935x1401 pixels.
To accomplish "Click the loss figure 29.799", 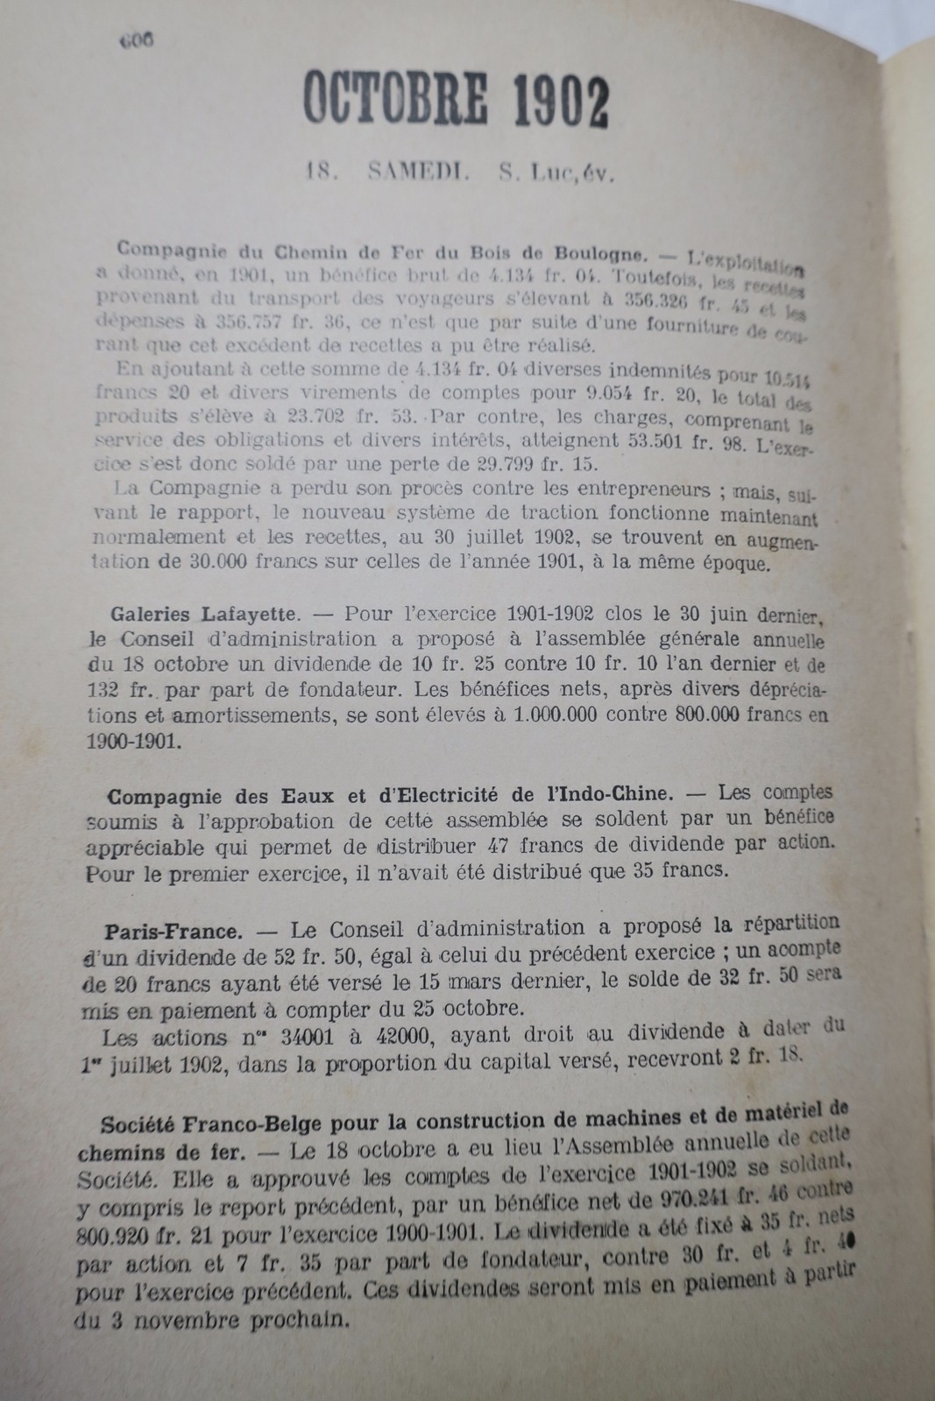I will click(485, 461).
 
